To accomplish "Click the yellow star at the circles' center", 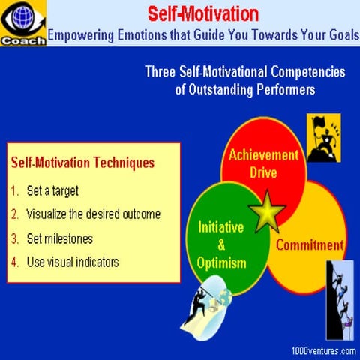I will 266,213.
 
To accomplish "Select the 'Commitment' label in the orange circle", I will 310,245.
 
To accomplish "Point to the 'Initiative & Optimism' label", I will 221,244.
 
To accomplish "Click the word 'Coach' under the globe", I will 23,40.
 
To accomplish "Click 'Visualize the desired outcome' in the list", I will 93,214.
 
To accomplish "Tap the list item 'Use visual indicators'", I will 72,262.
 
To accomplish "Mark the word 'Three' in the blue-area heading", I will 161,72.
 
